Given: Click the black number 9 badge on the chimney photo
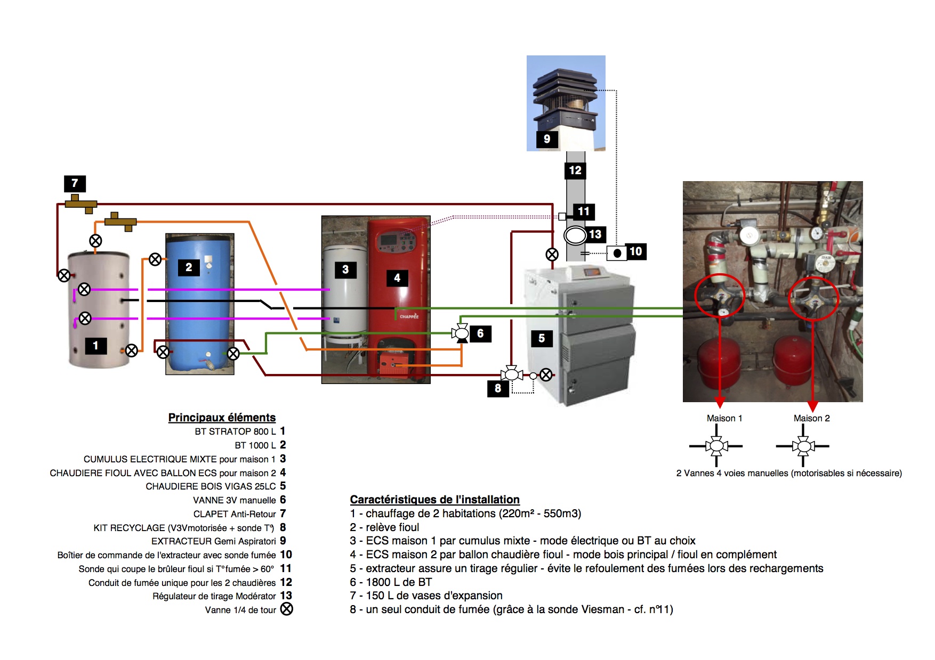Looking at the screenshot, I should coord(547,139).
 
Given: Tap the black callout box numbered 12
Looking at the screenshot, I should coord(575,170).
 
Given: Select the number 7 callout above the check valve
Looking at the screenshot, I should coord(75,183).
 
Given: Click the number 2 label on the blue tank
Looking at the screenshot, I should coord(189,267).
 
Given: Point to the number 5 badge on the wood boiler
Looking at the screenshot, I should coord(542,338).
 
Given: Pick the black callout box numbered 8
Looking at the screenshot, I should coord(498,388).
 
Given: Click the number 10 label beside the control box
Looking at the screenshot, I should coord(635,251).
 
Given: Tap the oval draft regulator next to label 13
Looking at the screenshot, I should coord(575,235).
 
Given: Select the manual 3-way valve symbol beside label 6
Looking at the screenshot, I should coord(461,333).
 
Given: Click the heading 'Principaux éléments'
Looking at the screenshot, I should coord(222,418).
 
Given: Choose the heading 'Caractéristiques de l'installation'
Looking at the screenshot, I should coord(434,500).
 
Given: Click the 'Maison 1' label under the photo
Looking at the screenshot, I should coord(724,418).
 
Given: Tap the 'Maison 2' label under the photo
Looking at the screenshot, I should coord(811,418).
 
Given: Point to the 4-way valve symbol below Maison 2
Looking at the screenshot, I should coord(803,446).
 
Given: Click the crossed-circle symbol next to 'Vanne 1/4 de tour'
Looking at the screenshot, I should coord(287,609).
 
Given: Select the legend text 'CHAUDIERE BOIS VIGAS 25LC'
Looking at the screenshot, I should coord(211,486).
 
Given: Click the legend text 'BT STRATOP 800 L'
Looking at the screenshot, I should coord(235,431).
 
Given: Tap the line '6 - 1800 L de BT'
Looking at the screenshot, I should coord(391,582).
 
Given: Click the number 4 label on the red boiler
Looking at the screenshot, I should coord(397,278).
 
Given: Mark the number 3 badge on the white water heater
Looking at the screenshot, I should coord(345,270).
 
